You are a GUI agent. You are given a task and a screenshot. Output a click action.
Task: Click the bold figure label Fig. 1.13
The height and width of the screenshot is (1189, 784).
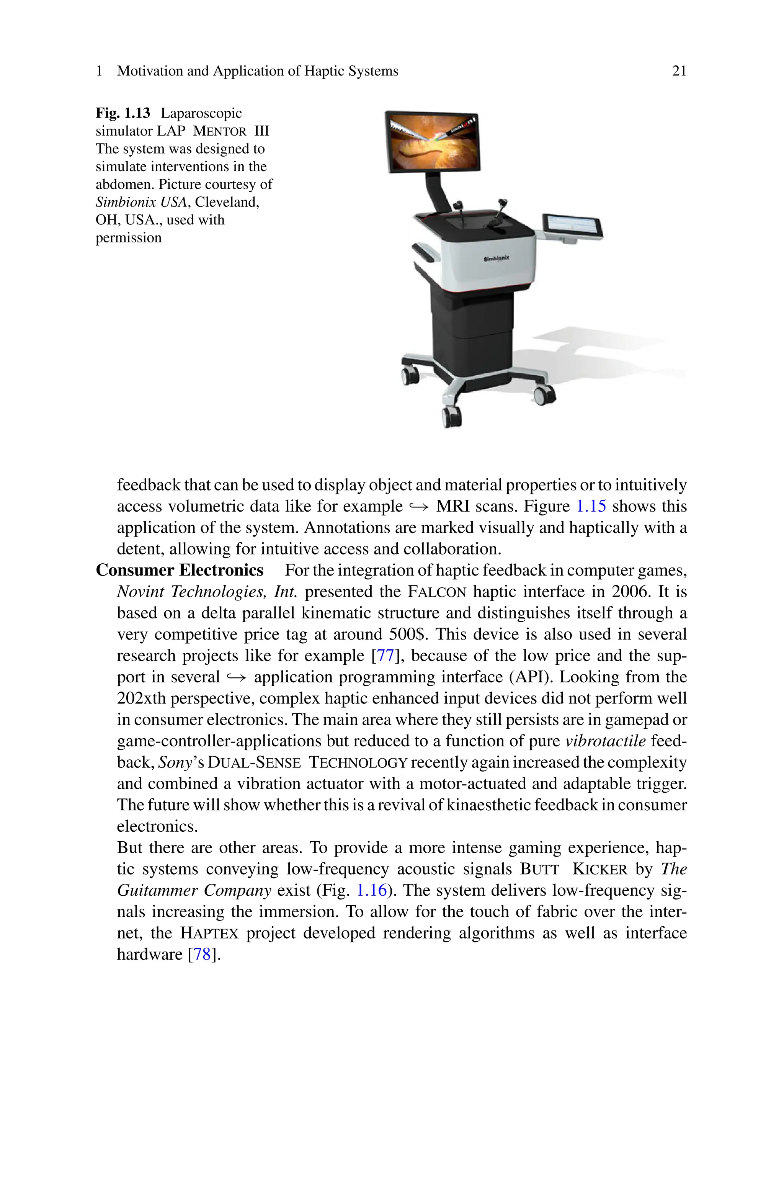[123, 113]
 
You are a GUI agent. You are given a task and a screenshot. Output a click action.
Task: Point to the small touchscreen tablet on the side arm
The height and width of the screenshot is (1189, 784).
[573, 226]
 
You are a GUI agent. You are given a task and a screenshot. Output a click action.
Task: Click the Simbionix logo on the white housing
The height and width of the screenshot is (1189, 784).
[496, 258]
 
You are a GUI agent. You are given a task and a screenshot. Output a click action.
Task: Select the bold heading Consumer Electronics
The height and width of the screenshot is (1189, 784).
[180, 570]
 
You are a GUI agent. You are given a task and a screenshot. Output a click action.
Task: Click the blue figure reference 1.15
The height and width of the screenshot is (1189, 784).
[591, 506]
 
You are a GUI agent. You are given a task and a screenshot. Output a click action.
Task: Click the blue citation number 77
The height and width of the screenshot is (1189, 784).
[385, 656]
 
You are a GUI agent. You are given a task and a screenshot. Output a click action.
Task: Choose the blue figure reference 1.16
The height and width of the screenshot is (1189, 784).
[371, 890]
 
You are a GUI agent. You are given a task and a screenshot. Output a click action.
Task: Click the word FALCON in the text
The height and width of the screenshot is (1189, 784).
[437, 592]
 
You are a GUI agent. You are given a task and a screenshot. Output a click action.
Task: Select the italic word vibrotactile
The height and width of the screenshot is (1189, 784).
[606, 741]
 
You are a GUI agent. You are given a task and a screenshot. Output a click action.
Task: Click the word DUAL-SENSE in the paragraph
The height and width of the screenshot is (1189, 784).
[254, 762]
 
